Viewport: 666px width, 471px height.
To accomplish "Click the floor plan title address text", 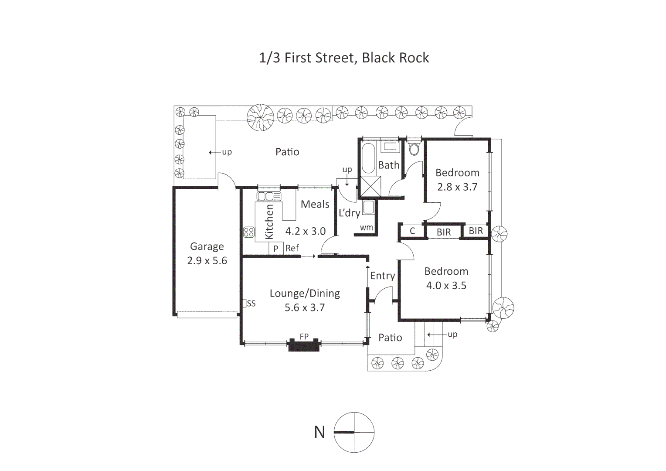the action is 344,58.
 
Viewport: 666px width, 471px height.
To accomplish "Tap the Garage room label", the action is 207,247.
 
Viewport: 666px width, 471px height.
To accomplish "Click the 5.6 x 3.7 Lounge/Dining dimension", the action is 305,307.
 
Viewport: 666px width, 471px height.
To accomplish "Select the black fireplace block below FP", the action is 304,345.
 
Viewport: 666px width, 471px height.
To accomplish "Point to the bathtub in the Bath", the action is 368,158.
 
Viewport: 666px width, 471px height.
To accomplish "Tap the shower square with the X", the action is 370,186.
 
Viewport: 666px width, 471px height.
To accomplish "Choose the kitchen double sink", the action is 269,196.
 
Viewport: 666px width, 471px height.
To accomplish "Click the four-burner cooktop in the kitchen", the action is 249,232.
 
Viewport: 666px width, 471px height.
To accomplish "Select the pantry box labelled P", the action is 276,249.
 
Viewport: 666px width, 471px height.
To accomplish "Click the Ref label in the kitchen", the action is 292,248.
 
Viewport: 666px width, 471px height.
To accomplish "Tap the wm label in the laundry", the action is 366,228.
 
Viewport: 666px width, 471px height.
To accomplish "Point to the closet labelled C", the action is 412,231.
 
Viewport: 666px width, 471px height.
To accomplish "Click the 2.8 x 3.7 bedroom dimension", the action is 457,187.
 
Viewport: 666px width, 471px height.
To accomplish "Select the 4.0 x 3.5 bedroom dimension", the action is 446,286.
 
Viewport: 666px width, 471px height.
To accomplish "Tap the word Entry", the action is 383,276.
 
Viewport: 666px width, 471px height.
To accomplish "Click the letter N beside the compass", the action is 319,432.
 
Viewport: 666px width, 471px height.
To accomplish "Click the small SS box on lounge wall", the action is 244,304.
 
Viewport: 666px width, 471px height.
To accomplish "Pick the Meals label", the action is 315,205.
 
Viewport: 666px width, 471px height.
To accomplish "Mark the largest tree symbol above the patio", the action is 260,117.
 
